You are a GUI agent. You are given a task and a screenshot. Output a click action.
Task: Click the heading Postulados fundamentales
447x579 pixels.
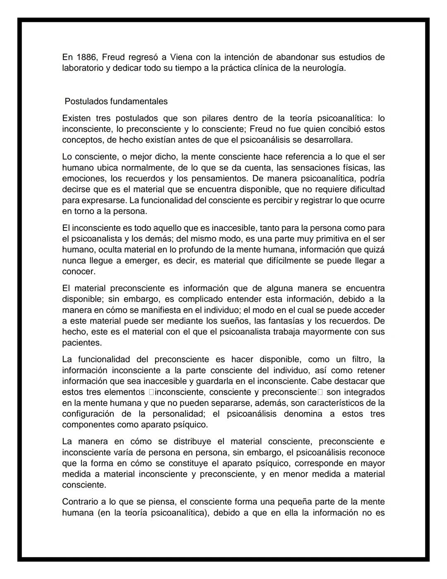point(116,101)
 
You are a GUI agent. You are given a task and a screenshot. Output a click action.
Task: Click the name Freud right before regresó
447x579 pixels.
point(113,57)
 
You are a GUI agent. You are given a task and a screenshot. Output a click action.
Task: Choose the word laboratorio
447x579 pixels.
point(82,68)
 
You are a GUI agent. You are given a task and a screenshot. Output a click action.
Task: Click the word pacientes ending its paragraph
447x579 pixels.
point(81,343)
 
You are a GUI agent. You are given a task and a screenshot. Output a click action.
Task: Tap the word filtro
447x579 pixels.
point(358,359)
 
